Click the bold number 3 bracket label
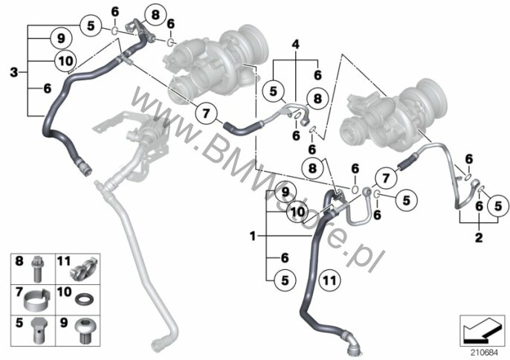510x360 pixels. click(x=13, y=72)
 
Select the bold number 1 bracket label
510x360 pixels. click(x=253, y=236)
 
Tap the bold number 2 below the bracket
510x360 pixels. click(x=479, y=237)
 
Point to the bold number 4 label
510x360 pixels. click(x=295, y=44)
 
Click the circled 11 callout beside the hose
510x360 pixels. click(x=330, y=280)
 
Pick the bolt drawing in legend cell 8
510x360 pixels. click(x=37, y=269)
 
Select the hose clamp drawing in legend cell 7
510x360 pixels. click(x=37, y=300)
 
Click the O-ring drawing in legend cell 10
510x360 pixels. click(x=84, y=299)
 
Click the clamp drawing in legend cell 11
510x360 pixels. click(x=83, y=269)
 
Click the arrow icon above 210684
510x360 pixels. click(x=482, y=331)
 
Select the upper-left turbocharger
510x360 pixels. click(x=215, y=64)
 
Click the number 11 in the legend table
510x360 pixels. click(x=64, y=261)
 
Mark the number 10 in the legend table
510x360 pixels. click(x=64, y=292)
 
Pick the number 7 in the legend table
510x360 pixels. click(x=19, y=292)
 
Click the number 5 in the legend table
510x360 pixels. click(x=19, y=323)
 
